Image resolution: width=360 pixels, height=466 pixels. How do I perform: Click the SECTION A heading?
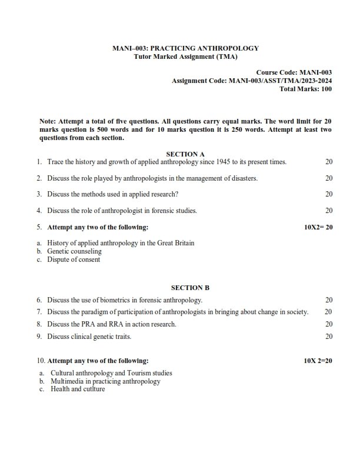tap(185, 154)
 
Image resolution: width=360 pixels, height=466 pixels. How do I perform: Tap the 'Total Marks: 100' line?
tap(306, 89)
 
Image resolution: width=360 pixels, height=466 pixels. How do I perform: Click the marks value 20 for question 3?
tap(329, 194)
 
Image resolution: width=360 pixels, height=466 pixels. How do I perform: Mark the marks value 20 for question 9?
tap(329, 337)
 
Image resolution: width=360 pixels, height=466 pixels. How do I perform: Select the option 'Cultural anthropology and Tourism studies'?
tap(111, 373)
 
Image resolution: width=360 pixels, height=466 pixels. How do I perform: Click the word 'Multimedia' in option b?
tap(66, 381)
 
